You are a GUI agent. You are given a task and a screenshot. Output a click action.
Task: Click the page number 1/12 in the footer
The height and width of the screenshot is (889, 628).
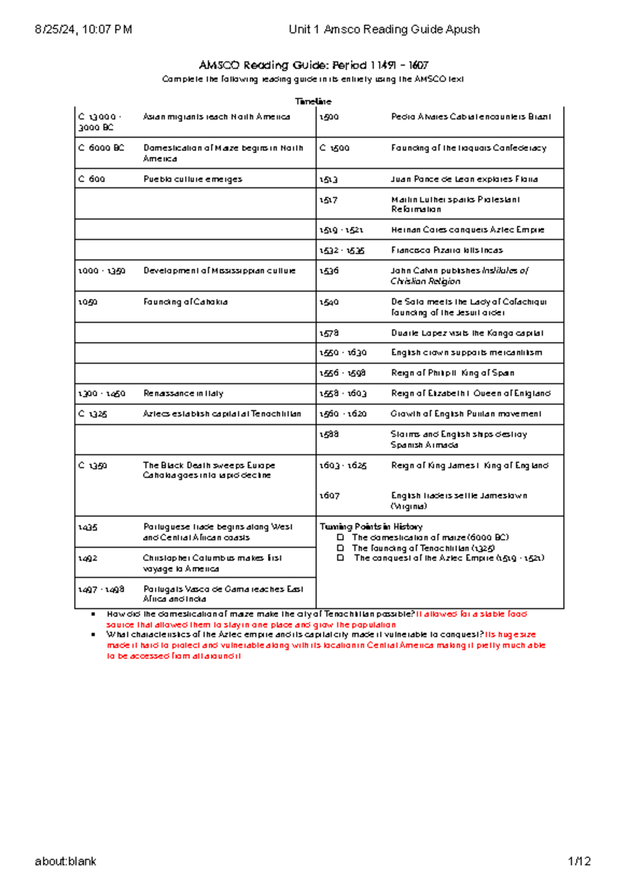[579, 861]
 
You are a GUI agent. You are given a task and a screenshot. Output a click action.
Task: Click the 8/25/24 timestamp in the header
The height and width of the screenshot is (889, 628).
[83, 29]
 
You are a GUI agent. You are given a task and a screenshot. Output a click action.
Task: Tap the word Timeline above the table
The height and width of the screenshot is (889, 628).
[313, 101]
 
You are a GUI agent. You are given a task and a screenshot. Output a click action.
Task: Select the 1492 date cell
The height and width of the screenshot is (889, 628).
[87, 559]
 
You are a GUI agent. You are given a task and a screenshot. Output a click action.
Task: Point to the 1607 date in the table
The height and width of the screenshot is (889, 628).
[329, 496]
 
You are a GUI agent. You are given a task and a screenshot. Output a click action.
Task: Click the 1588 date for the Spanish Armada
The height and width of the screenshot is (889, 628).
[329, 434]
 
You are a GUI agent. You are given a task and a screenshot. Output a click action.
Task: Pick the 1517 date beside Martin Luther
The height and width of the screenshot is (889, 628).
[329, 200]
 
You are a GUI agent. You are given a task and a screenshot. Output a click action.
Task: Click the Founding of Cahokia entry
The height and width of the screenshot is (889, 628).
[185, 302]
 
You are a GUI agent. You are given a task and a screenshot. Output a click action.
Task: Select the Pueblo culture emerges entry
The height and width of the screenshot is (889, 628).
[193, 179]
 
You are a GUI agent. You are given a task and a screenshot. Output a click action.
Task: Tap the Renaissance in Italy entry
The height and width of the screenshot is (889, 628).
[183, 393]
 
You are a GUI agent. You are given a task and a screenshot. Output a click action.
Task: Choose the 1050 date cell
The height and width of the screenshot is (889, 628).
[87, 302]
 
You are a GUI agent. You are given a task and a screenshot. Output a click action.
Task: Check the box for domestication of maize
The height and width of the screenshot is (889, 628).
[341, 537]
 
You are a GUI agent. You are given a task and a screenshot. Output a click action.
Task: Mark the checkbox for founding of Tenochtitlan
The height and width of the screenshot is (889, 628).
[341, 548]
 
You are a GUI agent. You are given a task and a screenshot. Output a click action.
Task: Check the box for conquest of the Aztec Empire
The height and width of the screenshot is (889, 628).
[341, 558]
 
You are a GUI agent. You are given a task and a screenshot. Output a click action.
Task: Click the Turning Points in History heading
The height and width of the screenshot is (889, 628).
[371, 527]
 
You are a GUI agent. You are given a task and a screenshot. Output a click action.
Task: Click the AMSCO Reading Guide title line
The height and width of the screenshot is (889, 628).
[313, 65]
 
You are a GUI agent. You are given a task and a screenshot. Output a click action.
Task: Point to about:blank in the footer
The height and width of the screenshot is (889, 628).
[65, 861]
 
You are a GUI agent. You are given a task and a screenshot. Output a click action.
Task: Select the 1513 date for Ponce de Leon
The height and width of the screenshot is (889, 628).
[329, 179]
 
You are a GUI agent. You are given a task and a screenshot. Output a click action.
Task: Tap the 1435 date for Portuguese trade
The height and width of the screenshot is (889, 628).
[87, 527]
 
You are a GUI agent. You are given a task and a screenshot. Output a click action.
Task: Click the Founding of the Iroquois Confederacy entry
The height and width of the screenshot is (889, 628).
[468, 148]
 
